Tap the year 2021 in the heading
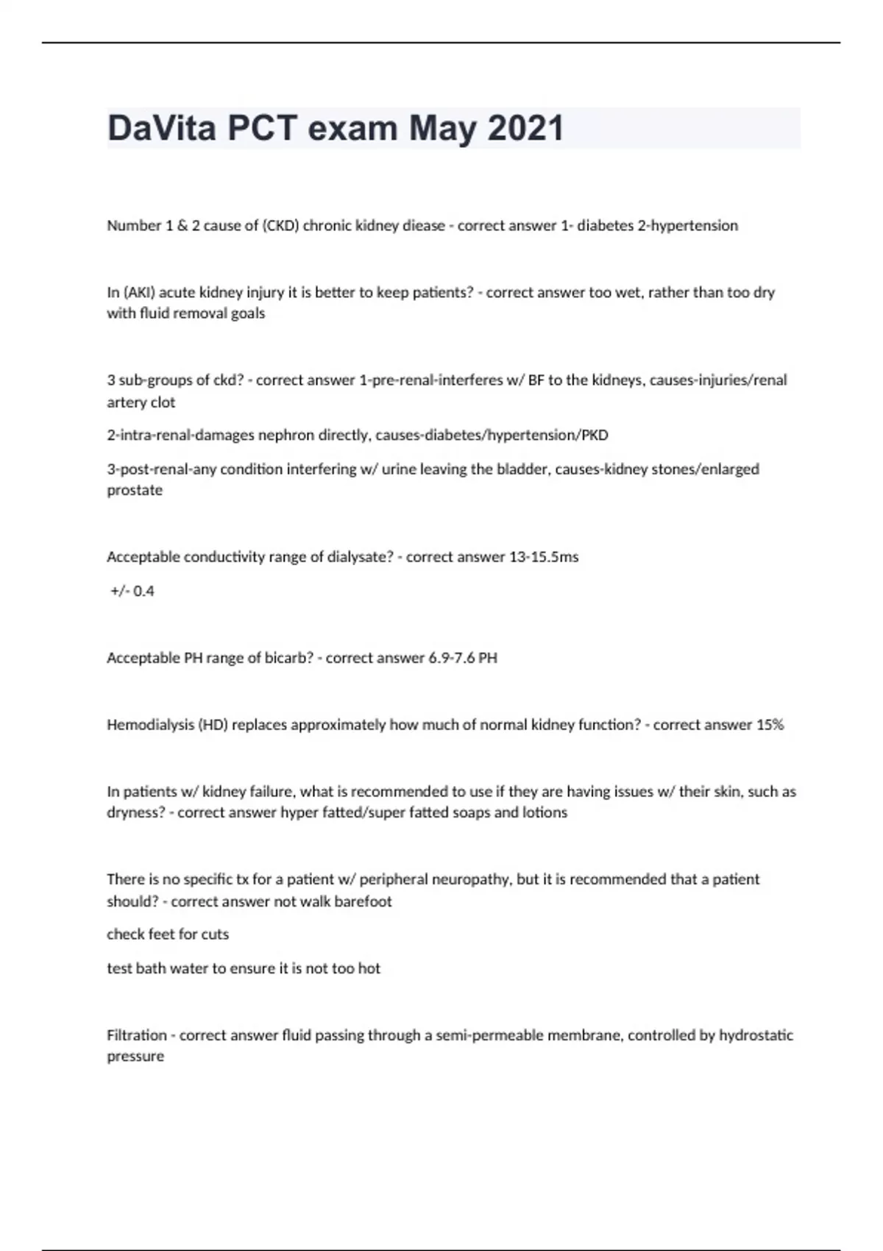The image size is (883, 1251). (x=525, y=128)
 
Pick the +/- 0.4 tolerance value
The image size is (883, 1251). (x=132, y=591)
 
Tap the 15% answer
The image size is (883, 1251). (x=770, y=725)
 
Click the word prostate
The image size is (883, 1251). (x=135, y=490)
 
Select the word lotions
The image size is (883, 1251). (x=545, y=812)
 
